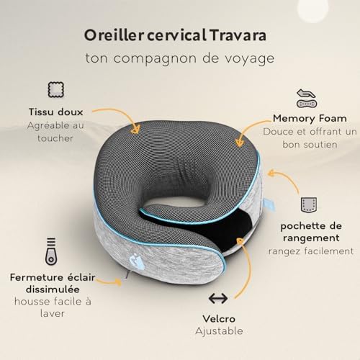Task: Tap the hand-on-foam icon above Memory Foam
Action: coord(305,96)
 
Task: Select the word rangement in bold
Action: coord(310,236)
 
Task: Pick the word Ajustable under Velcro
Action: coord(219,331)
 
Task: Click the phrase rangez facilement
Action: coord(311,251)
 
